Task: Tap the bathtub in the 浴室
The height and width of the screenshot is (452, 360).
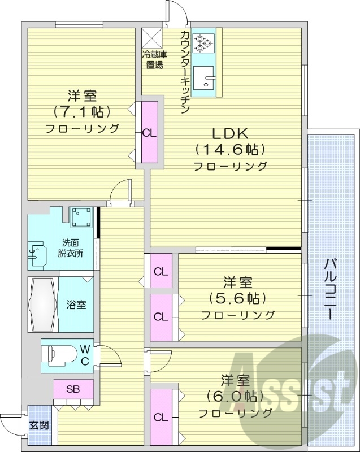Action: point(42,304)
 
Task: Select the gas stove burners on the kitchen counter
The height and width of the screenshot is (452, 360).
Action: point(203,42)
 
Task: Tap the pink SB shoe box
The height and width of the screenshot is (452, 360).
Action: point(73,389)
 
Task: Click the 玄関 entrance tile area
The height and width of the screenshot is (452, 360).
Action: point(38,425)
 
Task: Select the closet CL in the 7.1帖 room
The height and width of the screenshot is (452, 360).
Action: point(149,133)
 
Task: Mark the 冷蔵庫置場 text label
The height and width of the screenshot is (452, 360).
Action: point(154,59)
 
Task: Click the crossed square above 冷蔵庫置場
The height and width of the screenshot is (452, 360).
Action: point(151,37)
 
